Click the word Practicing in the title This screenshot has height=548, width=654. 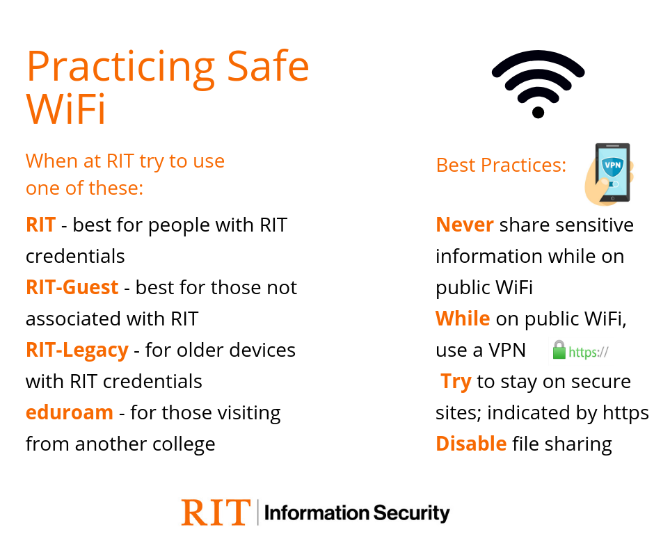pyautogui.click(x=120, y=67)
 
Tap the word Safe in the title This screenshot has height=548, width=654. pyautogui.click(x=268, y=66)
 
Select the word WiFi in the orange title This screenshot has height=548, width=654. pyautogui.click(x=65, y=109)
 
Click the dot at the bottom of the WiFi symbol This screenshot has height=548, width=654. pyautogui.click(x=538, y=113)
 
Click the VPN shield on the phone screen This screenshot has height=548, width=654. pyautogui.click(x=612, y=166)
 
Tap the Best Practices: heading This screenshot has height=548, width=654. pyautogui.click(x=501, y=165)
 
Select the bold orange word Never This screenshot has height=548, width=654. pyautogui.click(x=465, y=225)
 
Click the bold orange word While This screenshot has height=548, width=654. pyautogui.click(x=463, y=319)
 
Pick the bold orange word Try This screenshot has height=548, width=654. pyautogui.click(x=456, y=382)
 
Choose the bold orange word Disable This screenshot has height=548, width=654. pyautogui.click(x=471, y=444)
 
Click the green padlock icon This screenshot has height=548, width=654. pyautogui.click(x=559, y=350)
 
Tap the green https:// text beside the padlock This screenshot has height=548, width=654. pyautogui.click(x=589, y=353)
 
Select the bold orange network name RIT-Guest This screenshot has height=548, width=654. pyautogui.click(x=72, y=287)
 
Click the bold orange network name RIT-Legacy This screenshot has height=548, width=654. pyautogui.click(x=77, y=350)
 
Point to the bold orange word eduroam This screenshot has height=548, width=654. pyautogui.click(x=70, y=412)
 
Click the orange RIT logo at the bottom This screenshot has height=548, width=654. pyautogui.click(x=216, y=512)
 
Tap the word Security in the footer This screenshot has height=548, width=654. pyautogui.click(x=412, y=513)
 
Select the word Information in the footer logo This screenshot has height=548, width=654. pyautogui.click(x=317, y=513)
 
